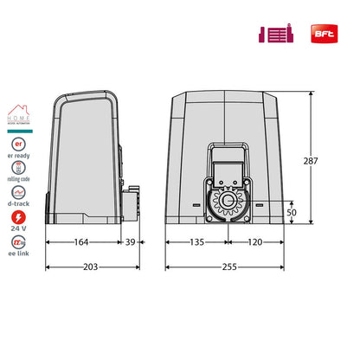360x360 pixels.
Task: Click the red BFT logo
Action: click(x=323, y=35)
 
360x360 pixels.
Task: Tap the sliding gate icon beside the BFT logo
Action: click(x=275, y=35)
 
